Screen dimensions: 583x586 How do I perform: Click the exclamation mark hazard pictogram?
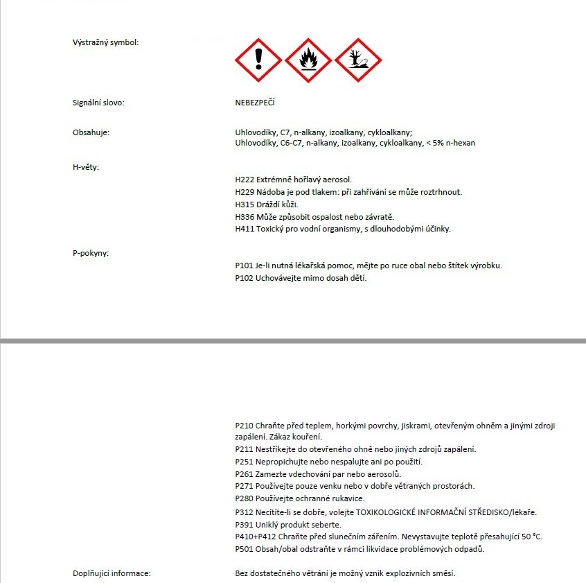[258, 60]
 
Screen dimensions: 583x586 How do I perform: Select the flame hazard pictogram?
[308, 60]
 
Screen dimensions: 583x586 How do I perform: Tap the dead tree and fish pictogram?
[358, 60]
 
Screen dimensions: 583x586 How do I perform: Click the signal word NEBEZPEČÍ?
[255, 103]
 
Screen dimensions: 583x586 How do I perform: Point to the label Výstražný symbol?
[105, 42]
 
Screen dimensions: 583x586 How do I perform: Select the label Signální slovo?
[98, 103]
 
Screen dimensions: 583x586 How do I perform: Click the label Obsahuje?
[91, 132]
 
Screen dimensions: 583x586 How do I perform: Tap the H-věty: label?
[86, 167]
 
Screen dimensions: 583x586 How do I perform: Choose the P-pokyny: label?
[91, 252]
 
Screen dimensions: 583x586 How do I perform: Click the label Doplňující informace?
[112, 573]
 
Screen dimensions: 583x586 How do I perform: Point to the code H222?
[245, 180]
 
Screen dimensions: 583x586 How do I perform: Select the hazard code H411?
[245, 229]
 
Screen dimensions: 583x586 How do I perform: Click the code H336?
[245, 217]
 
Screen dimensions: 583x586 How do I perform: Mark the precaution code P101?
[245, 266]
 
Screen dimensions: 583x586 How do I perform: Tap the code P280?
[245, 498]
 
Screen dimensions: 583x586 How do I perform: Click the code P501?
[245, 549]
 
